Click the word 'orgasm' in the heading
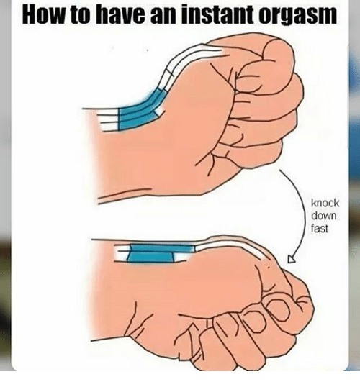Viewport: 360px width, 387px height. (x=297, y=16)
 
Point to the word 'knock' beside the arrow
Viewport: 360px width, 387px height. (x=325, y=203)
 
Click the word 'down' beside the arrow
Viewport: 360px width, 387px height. (x=324, y=216)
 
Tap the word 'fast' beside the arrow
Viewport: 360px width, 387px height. (x=320, y=229)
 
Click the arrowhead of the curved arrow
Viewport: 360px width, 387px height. (x=292, y=260)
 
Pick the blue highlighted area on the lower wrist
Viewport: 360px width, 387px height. (x=158, y=253)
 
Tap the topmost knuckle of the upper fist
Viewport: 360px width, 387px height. (x=278, y=53)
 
